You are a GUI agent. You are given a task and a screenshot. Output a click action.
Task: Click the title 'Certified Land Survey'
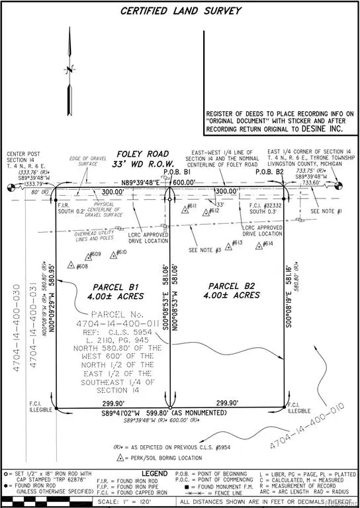click(x=180, y=11)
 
